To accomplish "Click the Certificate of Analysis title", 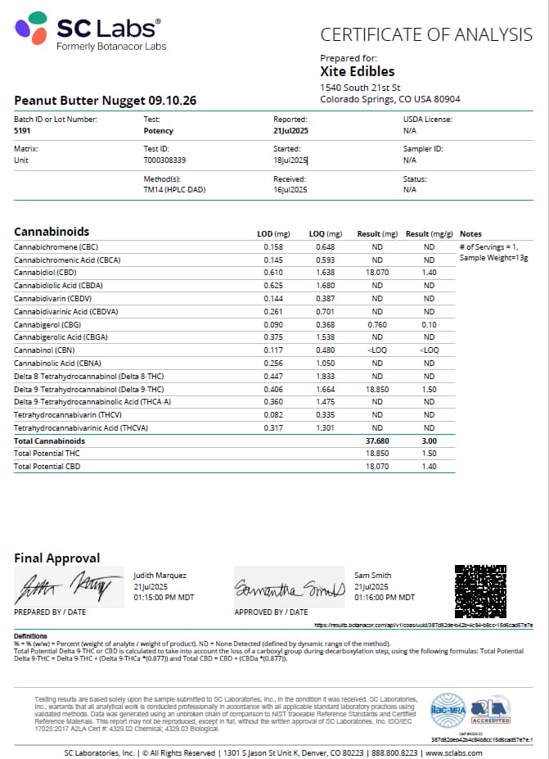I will click(x=425, y=34).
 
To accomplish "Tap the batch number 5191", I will click(x=23, y=131).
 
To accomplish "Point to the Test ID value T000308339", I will click(x=164, y=160).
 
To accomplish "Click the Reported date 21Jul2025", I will click(x=290, y=131).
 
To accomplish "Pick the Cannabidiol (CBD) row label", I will click(x=45, y=273).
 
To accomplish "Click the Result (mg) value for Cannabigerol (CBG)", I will click(x=377, y=324).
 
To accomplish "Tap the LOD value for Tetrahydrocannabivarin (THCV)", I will click(x=272, y=415).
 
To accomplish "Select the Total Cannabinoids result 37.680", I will click(x=377, y=440).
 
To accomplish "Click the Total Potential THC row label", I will click(x=47, y=454).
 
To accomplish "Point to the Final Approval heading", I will click(x=57, y=558).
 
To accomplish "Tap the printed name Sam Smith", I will click(x=373, y=576).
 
